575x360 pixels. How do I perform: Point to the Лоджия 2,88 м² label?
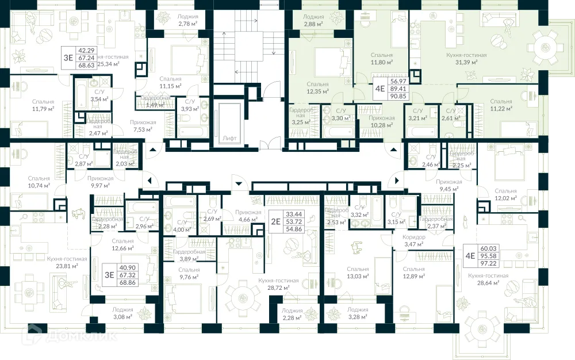pos(313,21)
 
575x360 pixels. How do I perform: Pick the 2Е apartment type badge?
pos(275,221)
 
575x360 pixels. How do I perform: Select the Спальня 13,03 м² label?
pos(358,273)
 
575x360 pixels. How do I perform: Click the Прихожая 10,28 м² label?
pos(381,121)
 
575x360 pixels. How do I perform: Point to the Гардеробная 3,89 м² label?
pos(189,255)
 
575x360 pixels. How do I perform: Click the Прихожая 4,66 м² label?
pos(248,215)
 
